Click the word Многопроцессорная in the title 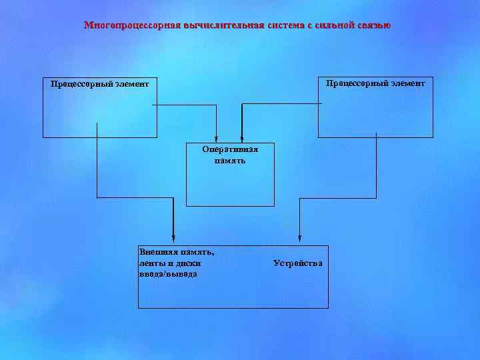(x=124, y=25)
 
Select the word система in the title (x=286, y=25)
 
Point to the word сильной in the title (x=333, y=25)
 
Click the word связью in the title (x=373, y=25)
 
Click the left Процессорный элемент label (x=99, y=84)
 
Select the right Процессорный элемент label (x=375, y=83)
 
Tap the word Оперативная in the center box (x=230, y=149)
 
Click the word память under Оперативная (x=230, y=161)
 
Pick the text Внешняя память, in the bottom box (x=177, y=252)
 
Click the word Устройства (x=297, y=263)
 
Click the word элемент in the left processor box (x=132, y=84)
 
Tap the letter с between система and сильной (x=310, y=25)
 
